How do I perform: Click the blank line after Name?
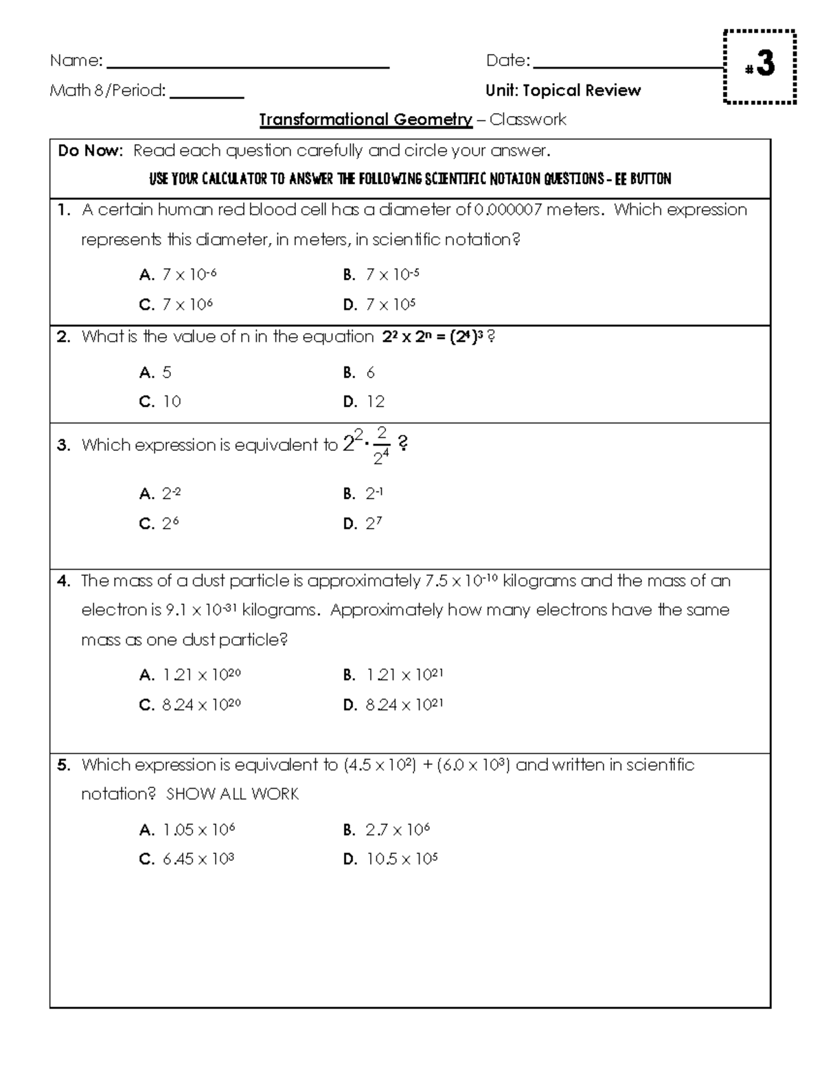[x=249, y=67]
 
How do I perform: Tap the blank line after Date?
[x=628, y=67]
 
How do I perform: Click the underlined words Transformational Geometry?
[x=365, y=120]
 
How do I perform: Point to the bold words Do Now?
[x=90, y=151]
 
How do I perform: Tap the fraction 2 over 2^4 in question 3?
[x=381, y=446]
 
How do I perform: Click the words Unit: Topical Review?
[x=563, y=91]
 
